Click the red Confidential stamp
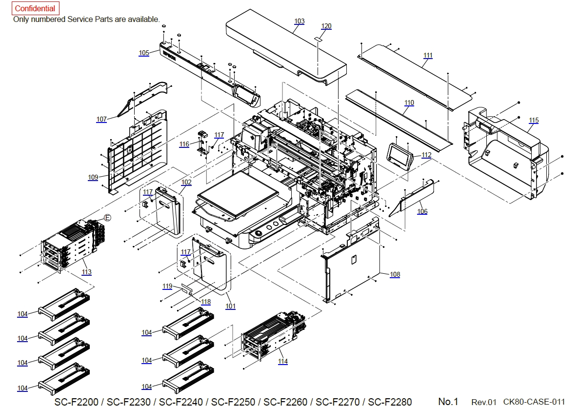tap(35, 9)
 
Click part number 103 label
tap(299, 21)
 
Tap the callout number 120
tap(326, 26)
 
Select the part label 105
tap(144, 53)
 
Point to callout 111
tap(428, 56)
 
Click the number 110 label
tap(409, 103)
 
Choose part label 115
tap(534, 120)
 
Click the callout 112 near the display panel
tap(426, 155)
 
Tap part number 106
tap(422, 211)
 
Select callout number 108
tap(395, 274)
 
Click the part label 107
tap(101, 119)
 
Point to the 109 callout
tap(93, 177)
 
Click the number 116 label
tap(184, 144)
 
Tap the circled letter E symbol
tap(108, 218)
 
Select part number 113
tap(87, 272)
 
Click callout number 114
tap(283, 361)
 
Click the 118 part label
tap(206, 302)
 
